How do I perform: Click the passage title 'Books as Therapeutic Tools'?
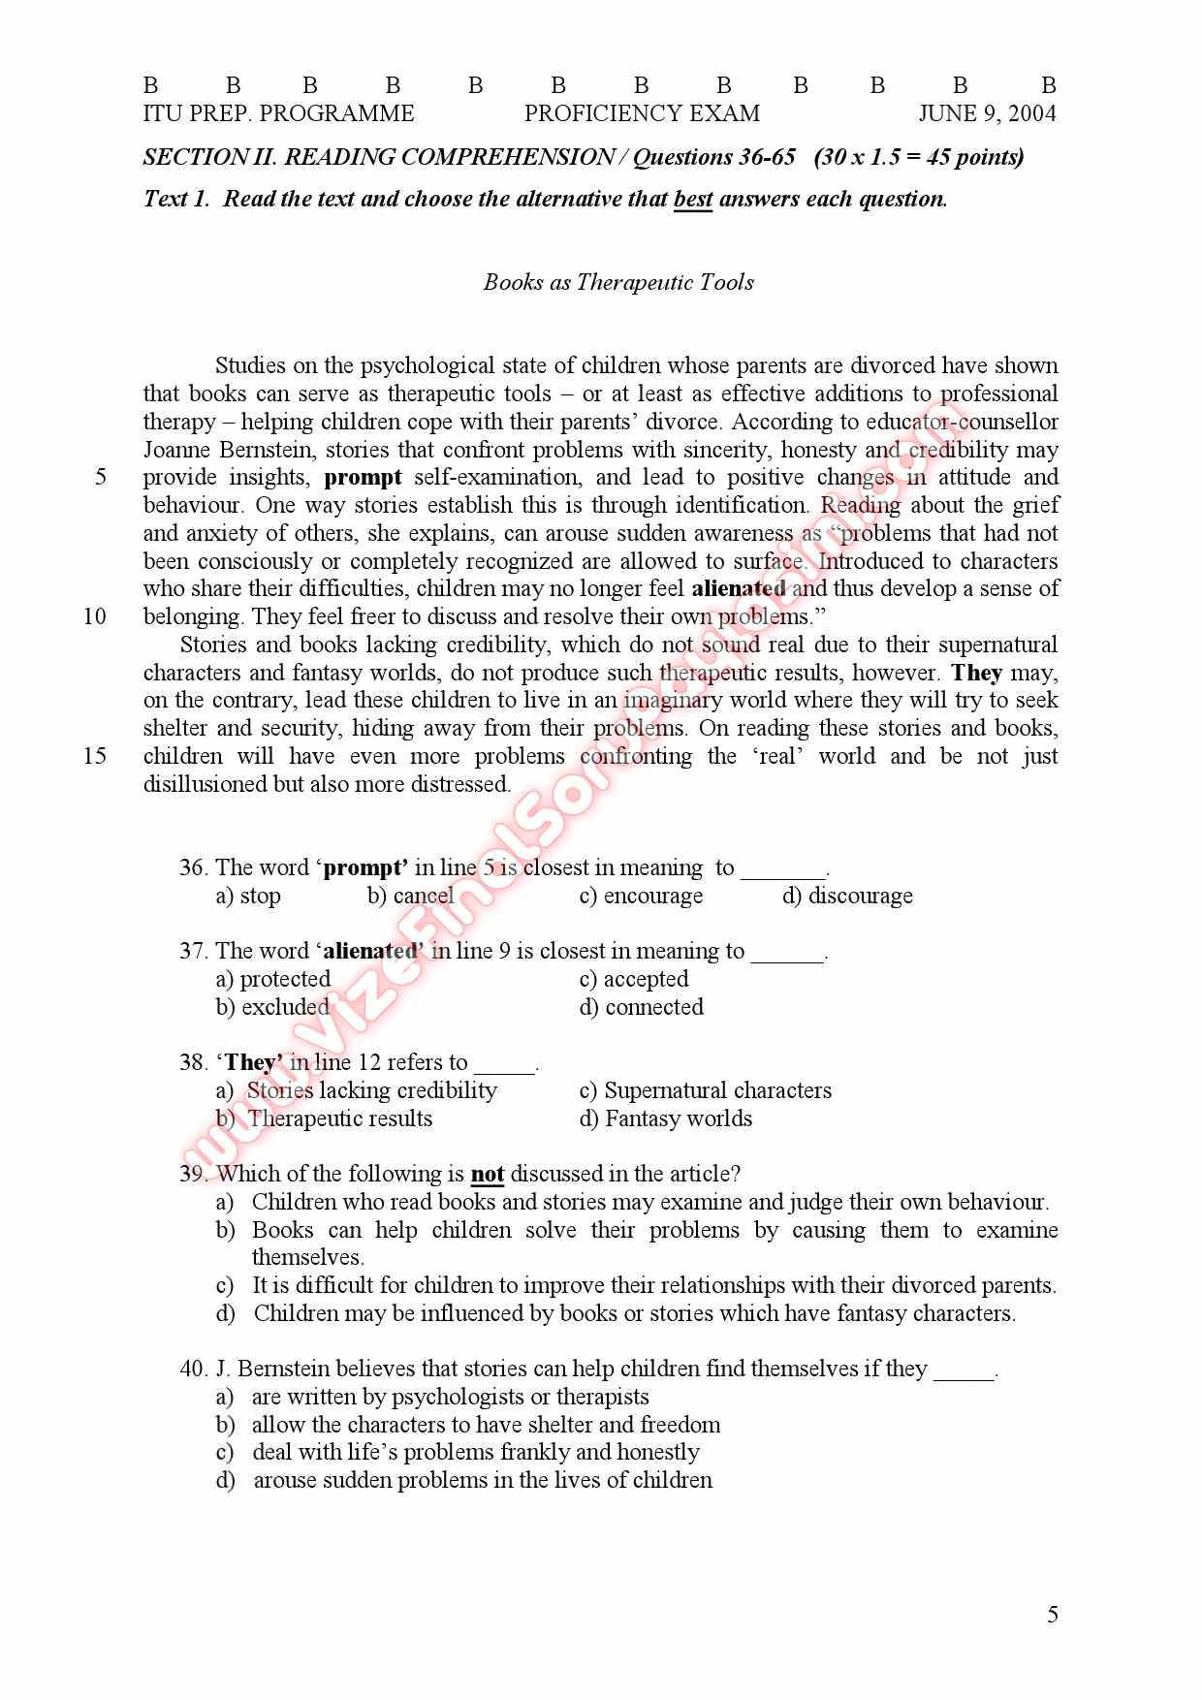pyautogui.click(x=618, y=282)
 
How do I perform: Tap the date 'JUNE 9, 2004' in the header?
pyautogui.click(x=987, y=113)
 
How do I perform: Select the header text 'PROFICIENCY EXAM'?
pyautogui.click(x=642, y=113)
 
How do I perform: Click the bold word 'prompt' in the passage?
pyautogui.click(x=363, y=477)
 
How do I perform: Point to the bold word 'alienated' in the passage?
pyautogui.click(x=739, y=588)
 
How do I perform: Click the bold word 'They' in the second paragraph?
pyautogui.click(x=976, y=673)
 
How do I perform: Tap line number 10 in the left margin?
pyautogui.click(x=95, y=616)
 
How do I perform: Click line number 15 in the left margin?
pyautogui.click(x=95, y=756)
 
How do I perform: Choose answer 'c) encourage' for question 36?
pyautogui.click(x=641, y=896)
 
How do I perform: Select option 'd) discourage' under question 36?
pyautogui.click(x=847, y=896)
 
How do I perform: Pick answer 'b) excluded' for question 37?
pyautogui.click(x=272, y=1007)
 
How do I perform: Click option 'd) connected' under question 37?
pyautogui.click(x=641, y=1007)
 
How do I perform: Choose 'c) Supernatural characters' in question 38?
pyautogui.click(x=705, y=1090)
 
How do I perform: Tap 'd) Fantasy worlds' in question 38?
pyautogui.click(x=665, y=1118)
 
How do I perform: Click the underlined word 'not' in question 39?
pyautogui.click(x=487, y=1175)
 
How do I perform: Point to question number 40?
pyautogui.click(x=193, y=1369)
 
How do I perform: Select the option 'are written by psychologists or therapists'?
pyautogui.click(x=450, y=1397)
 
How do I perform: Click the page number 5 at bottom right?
pyautogui.click(x=1053, y=1615)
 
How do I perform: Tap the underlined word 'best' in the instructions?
pyautogui.click(x=692, y=200)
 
